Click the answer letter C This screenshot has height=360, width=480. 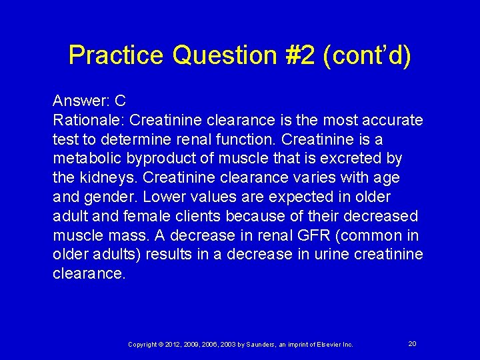pyautogui.click(x=120, y=101)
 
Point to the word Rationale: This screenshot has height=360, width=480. pyautogui.click(x=88, y=121)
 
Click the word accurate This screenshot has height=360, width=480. pyautogui.click(x=394, y=121)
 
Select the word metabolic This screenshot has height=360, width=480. pyautogui.click(x=84, y=159)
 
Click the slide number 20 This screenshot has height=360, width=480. pyautogui.click(x=412, y=343)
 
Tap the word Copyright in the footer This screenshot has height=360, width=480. pyautogui.click(x=143, y=345)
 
